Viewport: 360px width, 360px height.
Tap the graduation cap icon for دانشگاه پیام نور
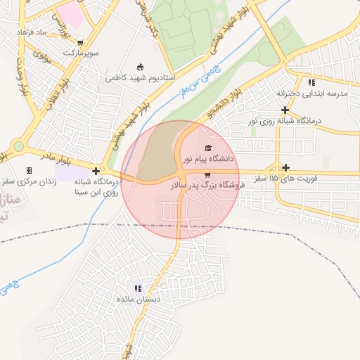point(207,148)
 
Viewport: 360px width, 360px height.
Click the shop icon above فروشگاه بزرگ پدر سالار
point(207,174)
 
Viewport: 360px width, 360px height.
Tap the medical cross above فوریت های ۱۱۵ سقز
point(285,167)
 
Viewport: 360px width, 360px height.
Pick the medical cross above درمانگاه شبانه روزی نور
point(285,110)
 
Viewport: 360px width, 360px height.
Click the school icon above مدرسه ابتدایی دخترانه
point(311,82)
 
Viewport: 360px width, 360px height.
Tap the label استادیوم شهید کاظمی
point(140,78)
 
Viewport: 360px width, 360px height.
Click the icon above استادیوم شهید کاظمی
point(140,67)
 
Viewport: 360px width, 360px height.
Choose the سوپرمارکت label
point(82,53)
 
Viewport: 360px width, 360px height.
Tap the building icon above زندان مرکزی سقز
point(29,170)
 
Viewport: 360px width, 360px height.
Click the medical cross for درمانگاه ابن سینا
point(96,171)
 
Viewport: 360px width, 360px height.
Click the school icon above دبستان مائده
point(139,288)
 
